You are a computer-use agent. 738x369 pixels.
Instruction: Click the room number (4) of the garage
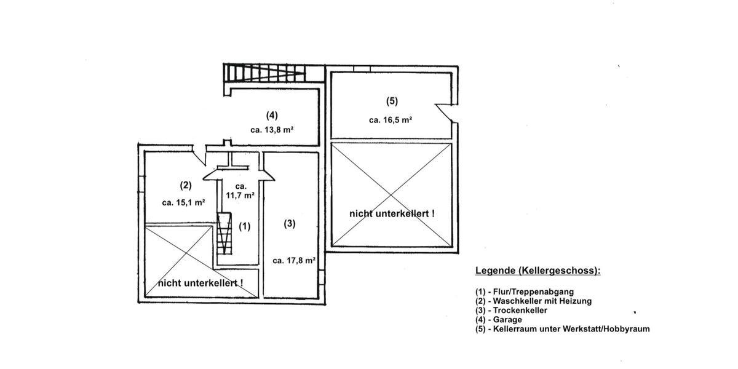tap(272, 114)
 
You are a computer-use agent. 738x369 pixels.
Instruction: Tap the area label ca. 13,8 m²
tap(272, 130)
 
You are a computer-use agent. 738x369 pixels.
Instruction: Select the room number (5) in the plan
tap(392, 101)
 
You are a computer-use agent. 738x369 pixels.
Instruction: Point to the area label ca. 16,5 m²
tap(391, 120)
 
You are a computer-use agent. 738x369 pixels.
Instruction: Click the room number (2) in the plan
tap(186, 184)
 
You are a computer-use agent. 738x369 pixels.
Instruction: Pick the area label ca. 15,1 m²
tap(183, 202)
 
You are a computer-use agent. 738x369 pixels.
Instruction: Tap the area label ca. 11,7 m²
tap(240, 191)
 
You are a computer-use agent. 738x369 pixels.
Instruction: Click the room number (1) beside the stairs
tap(245, 226)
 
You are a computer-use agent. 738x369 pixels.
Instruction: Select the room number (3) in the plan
tap(289, 224)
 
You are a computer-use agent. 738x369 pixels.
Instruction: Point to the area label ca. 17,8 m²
tap(294, 260)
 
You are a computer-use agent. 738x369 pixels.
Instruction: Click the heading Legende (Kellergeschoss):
tap(538, 271)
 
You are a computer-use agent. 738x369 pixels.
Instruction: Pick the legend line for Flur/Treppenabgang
tap(525, 292)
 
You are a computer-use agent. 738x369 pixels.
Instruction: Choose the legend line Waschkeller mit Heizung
tap(533, 301)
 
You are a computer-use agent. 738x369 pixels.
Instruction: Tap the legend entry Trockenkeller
tap(511, 311)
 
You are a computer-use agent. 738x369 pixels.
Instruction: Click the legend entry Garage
tap(498, 320)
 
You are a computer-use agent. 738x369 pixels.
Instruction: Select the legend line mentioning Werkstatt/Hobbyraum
tap(562, 329)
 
